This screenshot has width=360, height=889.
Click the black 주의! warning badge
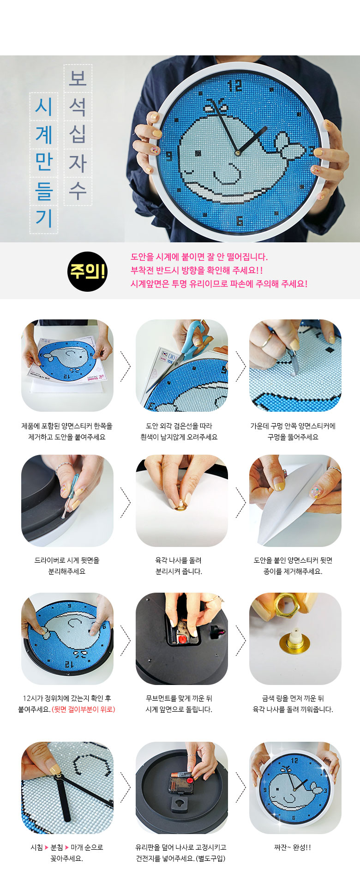[87, 271]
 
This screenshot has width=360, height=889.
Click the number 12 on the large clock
[234, 86]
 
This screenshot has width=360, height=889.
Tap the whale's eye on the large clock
[198, 153]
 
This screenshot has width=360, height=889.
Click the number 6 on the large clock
[240, 222]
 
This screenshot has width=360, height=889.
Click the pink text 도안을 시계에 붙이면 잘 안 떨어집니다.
[199, 257]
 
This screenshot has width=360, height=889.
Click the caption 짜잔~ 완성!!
[293, 847]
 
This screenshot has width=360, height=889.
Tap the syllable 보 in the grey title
[78, 78]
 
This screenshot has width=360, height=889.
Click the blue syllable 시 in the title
[44, 107]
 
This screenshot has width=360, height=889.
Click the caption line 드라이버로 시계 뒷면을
[67, 560]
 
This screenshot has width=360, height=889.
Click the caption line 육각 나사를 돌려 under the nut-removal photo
[178, 560]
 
